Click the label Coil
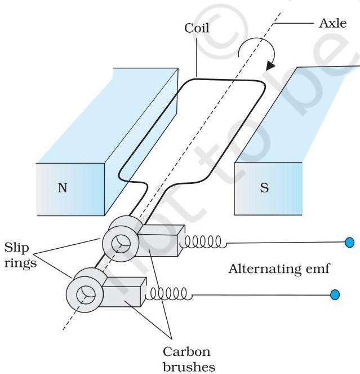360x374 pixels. click(197, 28)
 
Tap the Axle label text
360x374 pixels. click(332, 23)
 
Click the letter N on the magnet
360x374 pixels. click(63, 188)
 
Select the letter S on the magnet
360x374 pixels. click(264, 187)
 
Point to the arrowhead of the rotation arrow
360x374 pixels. click(270, 65)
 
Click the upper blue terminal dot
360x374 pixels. click(349, 243)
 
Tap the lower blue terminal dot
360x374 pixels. click(335, 294)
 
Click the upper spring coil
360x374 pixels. click(203, 242)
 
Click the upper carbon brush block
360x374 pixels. click(160, 241)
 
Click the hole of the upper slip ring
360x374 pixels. click(121, 244)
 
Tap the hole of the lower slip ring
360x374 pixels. click(86, 295)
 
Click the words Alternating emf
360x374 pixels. click(279, 269)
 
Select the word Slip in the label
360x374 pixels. click(17, 249)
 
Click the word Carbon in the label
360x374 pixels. click(186, 352)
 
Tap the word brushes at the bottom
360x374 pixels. click(189, 367)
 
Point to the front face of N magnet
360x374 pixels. click(70, 190)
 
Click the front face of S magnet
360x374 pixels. click(268, 189)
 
